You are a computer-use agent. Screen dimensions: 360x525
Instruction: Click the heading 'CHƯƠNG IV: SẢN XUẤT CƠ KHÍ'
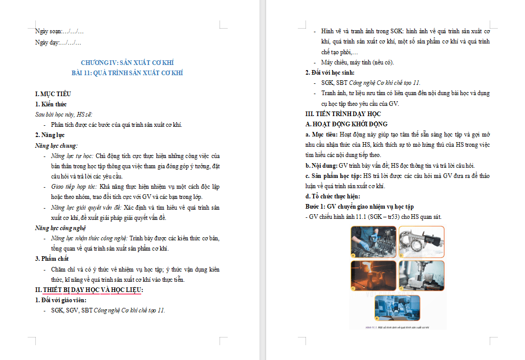[127, 62]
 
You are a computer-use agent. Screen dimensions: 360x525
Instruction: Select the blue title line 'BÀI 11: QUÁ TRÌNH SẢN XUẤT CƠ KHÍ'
[127, 73]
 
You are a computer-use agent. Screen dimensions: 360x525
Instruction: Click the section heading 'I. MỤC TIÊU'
[53, 94]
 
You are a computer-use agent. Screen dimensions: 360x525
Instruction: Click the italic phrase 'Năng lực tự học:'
[72, 155]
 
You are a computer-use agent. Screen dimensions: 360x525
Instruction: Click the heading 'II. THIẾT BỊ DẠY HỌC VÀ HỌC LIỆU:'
[89, 290]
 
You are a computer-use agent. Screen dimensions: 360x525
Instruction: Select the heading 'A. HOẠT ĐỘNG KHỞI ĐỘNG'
[346, 124]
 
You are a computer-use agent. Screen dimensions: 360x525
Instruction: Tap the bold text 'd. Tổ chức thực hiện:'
[333, 196]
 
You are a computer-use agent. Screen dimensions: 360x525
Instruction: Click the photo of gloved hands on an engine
[374, 241]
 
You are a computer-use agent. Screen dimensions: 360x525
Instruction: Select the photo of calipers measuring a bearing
[422, 241]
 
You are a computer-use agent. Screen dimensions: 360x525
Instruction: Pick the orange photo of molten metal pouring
[374, 276]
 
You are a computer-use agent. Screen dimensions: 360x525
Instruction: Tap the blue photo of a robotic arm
[397, 308]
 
